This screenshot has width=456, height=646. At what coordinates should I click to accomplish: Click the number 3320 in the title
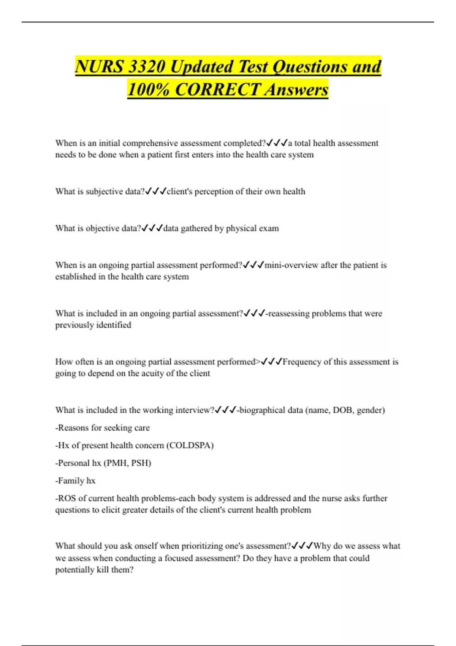(147, 67)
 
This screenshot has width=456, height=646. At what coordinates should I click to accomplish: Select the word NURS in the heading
(99, 67)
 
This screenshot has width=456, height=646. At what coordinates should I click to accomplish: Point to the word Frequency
(302, 362)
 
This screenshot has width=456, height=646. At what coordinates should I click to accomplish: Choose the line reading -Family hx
(75, 481)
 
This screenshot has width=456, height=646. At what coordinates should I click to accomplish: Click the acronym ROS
(66, 499)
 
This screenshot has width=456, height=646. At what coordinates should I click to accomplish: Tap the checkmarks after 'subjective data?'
(155, 192)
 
